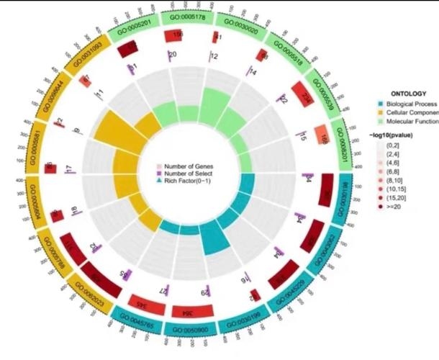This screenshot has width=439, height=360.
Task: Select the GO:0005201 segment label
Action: (133, 24)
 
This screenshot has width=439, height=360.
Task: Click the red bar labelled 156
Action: (176, 35)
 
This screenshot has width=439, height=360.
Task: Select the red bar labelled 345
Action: (141, 302)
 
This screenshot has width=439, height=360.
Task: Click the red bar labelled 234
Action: (302, 94)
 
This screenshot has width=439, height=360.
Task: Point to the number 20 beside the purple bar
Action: (172, 55)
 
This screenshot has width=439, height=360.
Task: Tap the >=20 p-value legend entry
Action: (400, 205)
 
